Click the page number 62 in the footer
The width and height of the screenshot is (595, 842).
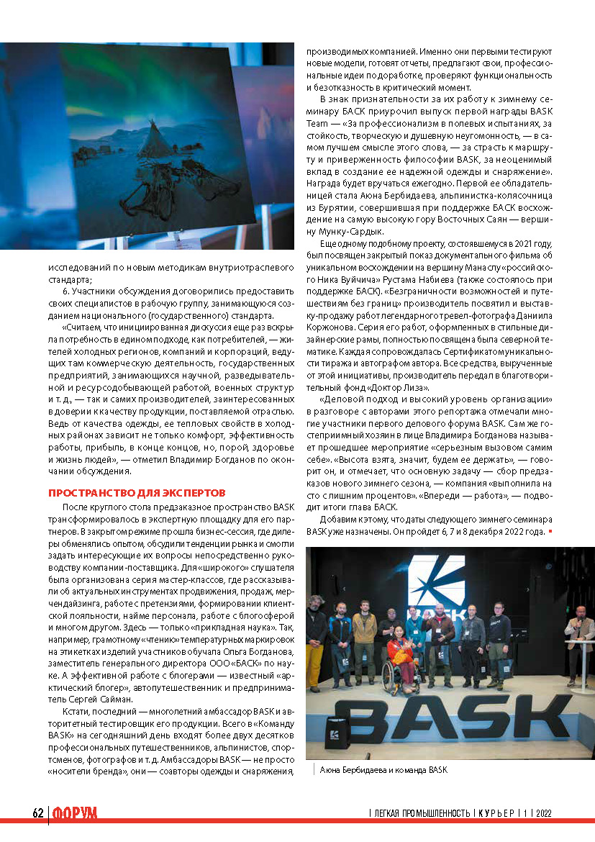click(38, 812)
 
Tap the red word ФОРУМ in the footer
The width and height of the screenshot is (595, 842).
click(75, 812)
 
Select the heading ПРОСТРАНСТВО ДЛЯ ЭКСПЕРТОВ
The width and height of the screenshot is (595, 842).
click(137, 492)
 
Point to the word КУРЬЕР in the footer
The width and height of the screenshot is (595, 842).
click(497, 812)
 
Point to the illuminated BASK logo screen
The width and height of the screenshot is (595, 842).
click(432, 583)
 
